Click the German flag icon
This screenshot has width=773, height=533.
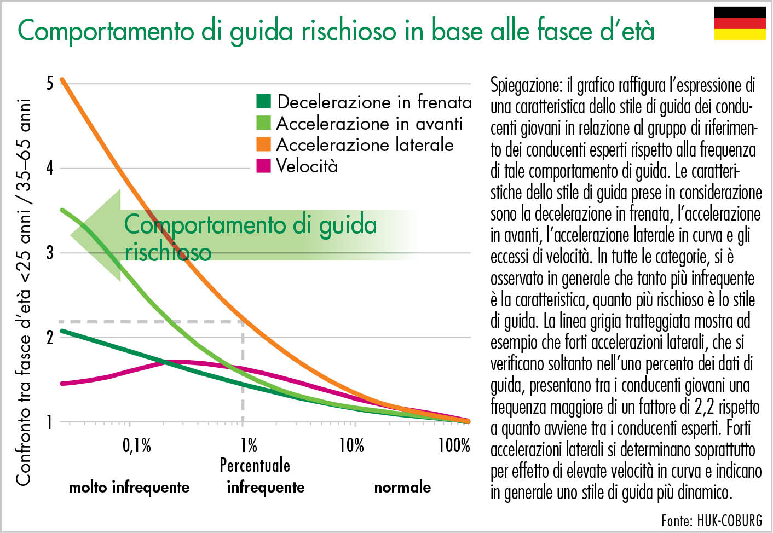coord(740,24)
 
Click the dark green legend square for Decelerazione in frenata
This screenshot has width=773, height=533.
coord(263,101)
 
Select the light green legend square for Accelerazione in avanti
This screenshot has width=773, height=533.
coord(263,123)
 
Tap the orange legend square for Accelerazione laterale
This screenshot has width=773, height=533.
coord(263,144)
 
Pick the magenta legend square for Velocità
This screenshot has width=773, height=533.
coord(263,165)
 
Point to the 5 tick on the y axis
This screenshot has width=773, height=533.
coord(50,83)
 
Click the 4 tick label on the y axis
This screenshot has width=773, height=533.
coord(50,167)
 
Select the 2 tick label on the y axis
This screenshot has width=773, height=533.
coord(50,337)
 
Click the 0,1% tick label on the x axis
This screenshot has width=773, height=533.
coord(136,445)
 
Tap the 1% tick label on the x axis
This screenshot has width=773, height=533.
coord(249,445)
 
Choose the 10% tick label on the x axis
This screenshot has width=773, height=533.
coord(351,445)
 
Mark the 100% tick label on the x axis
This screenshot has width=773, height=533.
coord(454,445)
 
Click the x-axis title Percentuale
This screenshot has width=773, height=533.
coord(255,465)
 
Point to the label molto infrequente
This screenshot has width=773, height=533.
coord(129,487)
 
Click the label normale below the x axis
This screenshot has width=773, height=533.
coord(402,487)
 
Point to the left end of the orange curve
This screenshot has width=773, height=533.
coord(62,80)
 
